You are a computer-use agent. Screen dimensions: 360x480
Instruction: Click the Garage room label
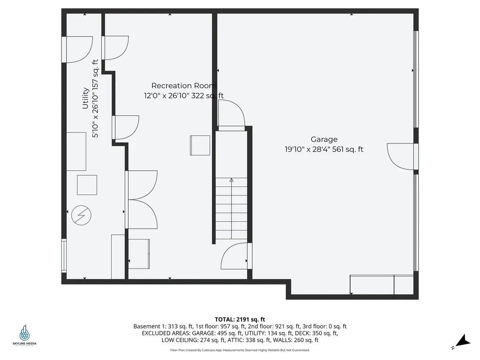click(x=324, y=139)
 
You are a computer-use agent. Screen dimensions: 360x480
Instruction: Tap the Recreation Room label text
click(x=184, y=86)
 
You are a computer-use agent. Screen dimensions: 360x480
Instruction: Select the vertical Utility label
click(x=86, y=98)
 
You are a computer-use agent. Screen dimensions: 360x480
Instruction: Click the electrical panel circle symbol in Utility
click(x=81, y=216)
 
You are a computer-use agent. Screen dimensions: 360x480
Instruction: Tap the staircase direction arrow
click(x=231, y=180)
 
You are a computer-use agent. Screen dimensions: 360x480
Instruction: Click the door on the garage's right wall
click(x=402, y=157)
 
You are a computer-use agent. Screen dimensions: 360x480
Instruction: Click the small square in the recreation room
click(x=200, y=145)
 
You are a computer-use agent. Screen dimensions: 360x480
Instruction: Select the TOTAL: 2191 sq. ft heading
click(x=240, y=319)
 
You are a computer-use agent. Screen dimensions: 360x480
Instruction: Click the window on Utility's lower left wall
click(x=64, y=255)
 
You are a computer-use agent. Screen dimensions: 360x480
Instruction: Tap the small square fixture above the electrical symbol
click(x=87, y=185)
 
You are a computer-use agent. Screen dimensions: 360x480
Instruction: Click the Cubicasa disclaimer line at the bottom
click(x=240, y=350)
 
